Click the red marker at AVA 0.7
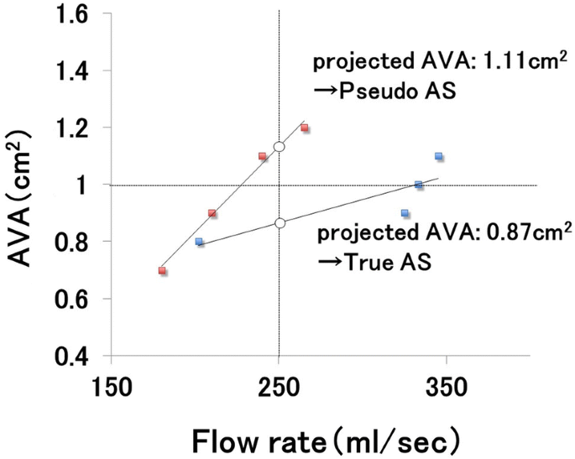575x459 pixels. point(162,270)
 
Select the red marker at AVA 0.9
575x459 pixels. point(212,213)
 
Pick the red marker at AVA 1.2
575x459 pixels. point(305,128)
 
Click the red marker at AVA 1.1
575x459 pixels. point(263,156)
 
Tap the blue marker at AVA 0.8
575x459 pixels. point(199,242)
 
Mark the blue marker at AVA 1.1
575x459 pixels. point(439,156)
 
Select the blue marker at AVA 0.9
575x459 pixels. point(405,213)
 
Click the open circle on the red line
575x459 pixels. point(280,147)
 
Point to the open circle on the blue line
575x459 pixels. point(280,222)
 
